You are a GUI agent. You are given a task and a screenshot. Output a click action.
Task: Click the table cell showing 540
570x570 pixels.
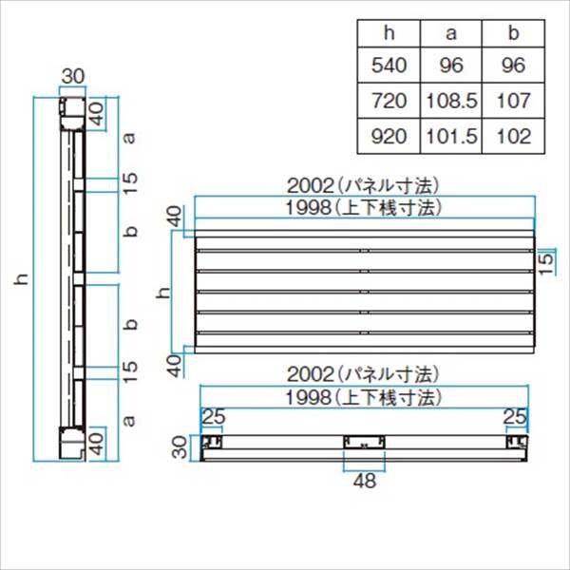click(x=389, y=66)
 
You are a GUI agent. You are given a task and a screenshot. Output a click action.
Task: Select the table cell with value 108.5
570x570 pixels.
click(x=451, y=101)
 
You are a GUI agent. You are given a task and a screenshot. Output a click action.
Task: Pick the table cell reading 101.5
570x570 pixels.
click(x=451, y=136)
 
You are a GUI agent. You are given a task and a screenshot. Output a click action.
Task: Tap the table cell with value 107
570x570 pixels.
click(x=513, y=101)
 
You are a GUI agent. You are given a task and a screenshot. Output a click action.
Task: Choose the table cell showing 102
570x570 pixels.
click(x=513, y=136)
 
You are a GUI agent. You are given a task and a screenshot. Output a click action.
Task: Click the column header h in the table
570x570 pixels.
click(x=389, y=33)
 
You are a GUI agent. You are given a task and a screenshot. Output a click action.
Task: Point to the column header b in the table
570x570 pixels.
click(x=513, y=33)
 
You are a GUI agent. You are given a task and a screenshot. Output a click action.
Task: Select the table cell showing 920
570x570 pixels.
click(x=389, y=136)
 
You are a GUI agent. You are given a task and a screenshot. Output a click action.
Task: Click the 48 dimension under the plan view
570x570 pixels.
click(x=365, y=481)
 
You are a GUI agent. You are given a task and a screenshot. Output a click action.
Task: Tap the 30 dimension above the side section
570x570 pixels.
click(x=73, y=76)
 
